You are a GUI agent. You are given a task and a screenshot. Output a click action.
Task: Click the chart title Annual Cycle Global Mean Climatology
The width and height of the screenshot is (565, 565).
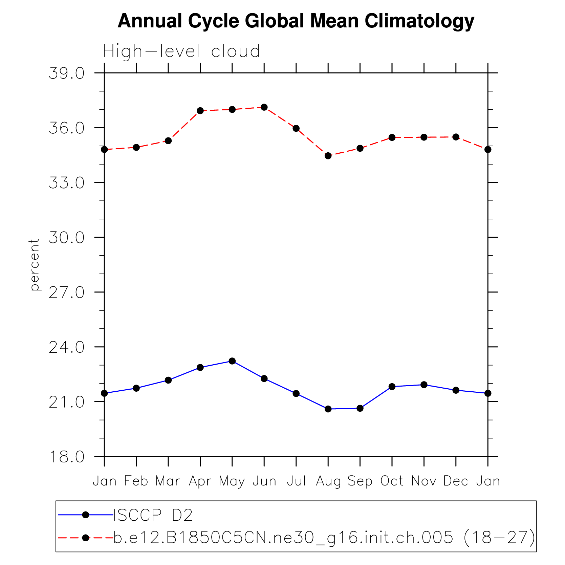[x=296, y=21]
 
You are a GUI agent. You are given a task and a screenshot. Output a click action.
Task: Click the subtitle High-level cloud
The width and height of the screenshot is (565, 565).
[x=181, y=51]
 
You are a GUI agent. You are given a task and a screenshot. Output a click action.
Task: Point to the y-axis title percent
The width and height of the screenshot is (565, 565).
[x=35, y=265]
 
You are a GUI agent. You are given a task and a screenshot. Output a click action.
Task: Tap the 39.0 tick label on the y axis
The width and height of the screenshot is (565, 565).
[x=67, y=73]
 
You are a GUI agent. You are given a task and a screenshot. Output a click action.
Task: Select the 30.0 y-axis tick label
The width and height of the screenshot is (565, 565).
[x=67, y=238]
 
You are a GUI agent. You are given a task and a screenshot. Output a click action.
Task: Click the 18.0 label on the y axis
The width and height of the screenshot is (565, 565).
[x=67, y=457]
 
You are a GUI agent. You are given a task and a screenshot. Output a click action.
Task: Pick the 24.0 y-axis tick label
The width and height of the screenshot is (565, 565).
[x=67, y=347]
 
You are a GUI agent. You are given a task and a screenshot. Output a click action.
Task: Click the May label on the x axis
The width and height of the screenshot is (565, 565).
[x=232, y=481]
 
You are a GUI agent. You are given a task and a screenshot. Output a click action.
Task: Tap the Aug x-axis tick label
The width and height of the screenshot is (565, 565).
[x=328, y=481]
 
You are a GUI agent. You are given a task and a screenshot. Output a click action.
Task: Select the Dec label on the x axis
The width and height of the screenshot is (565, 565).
[x=456, y=481]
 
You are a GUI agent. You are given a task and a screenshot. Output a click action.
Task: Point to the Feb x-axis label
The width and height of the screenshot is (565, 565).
[x=136, y=481]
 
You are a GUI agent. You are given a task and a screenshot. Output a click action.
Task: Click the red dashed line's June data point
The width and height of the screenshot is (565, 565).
[x=264, y=107]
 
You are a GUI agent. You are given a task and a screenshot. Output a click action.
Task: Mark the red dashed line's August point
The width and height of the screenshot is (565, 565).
[x=328, y=156]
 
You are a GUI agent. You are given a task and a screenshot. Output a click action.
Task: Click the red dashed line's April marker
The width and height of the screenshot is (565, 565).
[x=200, y=111]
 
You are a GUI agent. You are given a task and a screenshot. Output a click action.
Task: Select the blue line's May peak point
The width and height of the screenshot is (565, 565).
[x=232, y=361]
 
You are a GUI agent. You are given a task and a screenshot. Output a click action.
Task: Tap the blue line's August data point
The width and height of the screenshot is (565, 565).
[x=328, y=409]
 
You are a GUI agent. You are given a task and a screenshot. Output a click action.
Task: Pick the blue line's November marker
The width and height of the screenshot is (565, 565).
[x=424, y=385]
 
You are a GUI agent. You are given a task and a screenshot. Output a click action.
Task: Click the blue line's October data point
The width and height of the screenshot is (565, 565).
[x=392, y=387]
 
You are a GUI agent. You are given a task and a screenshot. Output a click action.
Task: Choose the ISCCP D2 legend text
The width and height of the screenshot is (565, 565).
[x=153, y=515]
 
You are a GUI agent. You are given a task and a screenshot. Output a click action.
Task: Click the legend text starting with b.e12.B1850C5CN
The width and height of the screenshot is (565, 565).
[x=324, y=538]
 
